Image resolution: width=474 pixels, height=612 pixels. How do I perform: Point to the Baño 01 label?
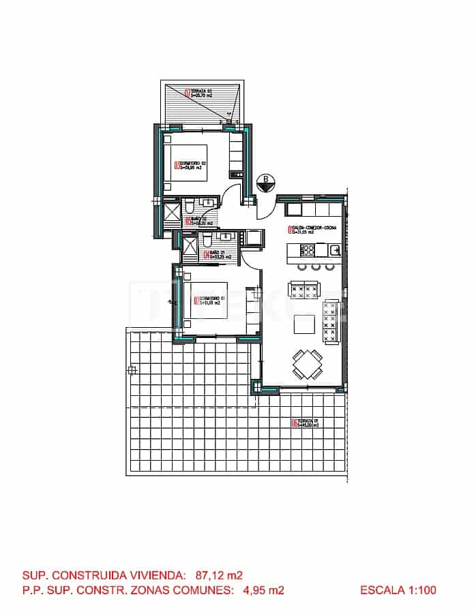tap(218, 256)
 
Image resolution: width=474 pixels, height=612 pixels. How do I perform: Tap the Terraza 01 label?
tap(308, 423)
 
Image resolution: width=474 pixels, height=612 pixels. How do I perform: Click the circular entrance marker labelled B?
tap(265, 183)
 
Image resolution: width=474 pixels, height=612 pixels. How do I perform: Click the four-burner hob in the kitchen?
tap(305, 250)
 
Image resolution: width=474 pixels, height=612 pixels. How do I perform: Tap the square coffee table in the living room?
tap(304, 327)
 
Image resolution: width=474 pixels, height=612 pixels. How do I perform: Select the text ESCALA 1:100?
tap(398, 590)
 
